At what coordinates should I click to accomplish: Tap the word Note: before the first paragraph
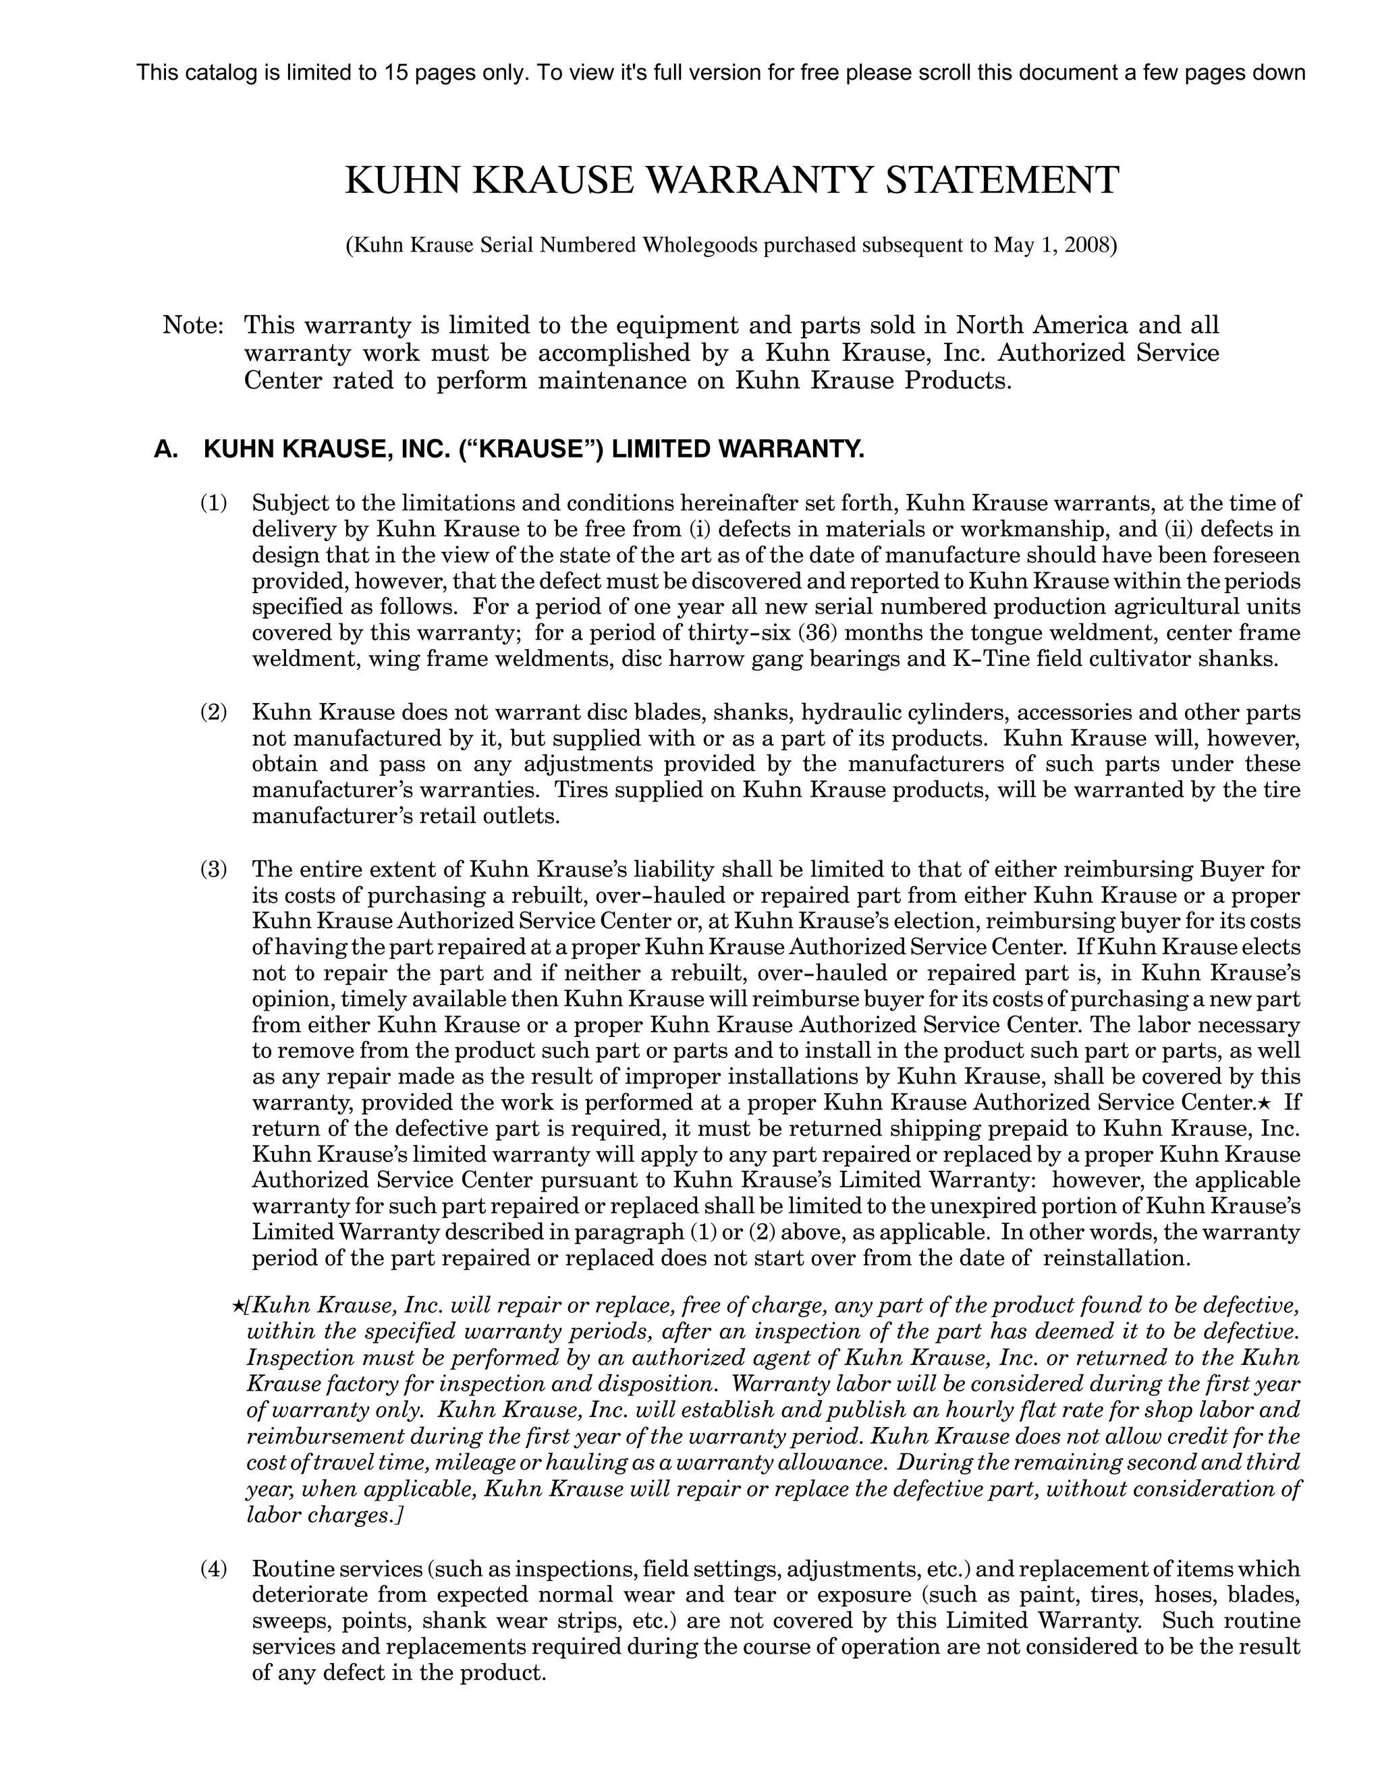click(193, 326)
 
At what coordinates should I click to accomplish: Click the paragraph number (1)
click(214, 503)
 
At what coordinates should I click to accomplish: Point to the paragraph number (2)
click(214, 713)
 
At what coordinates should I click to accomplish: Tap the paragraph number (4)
click(214, 1569)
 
